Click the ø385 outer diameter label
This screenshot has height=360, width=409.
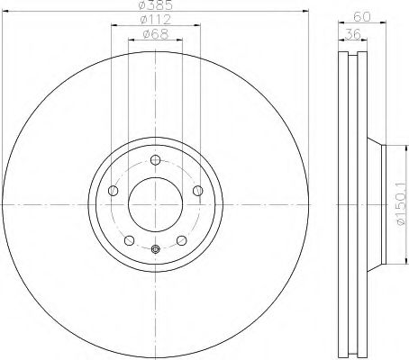coord(155,7)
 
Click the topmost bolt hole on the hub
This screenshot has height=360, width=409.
coord(155,160)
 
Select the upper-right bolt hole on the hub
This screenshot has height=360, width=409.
coord(196,189)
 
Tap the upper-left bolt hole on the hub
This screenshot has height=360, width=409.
coord(114,190)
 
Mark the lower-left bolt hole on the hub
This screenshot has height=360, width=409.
coord(130,239)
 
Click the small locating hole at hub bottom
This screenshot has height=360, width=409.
coord(155,249)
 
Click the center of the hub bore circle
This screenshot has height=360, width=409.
coord(155,203)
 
